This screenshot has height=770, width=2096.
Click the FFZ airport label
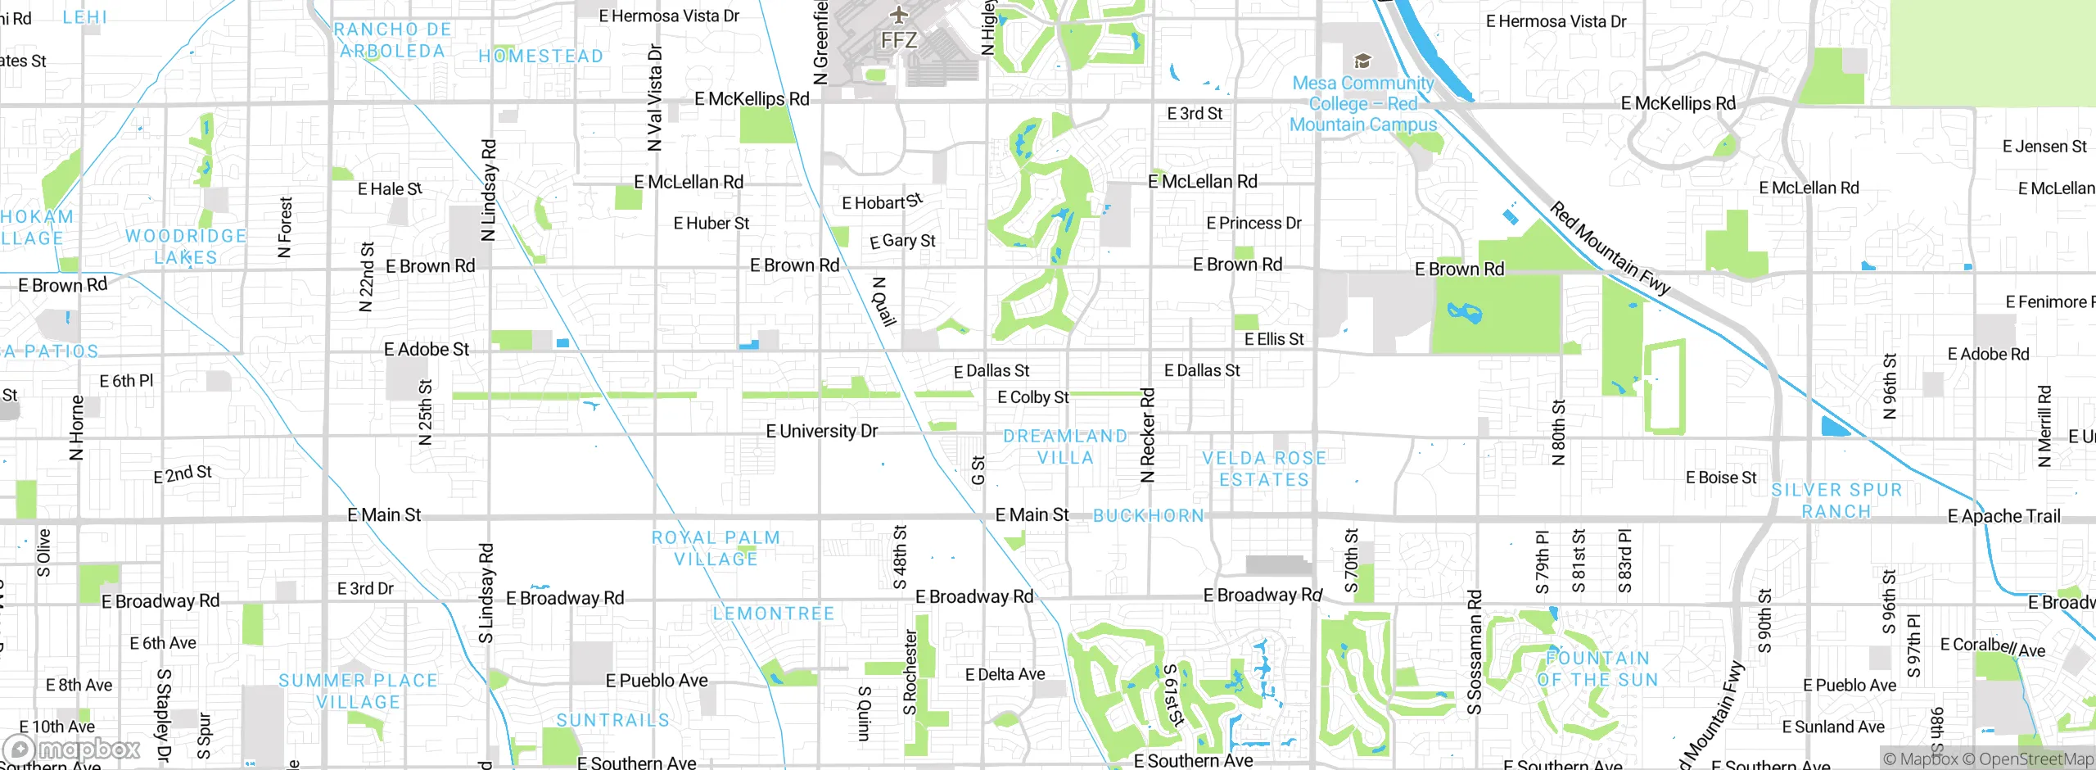(x=898, y=40)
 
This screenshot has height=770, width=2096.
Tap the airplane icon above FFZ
(x=899, y=14)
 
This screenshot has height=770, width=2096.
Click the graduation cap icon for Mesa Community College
(x=1362, y=61)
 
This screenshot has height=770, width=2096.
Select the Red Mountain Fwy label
(x=1610, y=248)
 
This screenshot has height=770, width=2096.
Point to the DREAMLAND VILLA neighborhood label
(x=1065, y=447)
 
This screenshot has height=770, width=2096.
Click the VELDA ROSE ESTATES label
(x=1264, y=469)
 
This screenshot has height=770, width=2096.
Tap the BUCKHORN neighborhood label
(x=1149, y=516)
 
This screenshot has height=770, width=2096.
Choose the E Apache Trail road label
(x=2003, y=516)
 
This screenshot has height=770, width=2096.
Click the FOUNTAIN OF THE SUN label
(x=1597, y=669)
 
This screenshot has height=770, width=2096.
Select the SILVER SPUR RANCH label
(x=1836, y=500)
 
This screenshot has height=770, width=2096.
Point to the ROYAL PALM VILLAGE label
(x=716, y=548)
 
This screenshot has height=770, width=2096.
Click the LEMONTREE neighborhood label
(x=773, y=614)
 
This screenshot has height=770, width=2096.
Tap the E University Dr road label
(x=821, y=431)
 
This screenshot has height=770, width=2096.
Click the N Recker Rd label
(x=1147, y=435)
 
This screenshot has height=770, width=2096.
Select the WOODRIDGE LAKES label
(x=186, y=247)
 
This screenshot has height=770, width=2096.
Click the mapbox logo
(x=72, y=749)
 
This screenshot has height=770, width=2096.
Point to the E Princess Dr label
(x=1254, y=223)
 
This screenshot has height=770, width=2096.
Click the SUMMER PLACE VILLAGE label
(x=358, y=691)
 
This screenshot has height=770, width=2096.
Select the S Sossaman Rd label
(x=1474, y=652)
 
